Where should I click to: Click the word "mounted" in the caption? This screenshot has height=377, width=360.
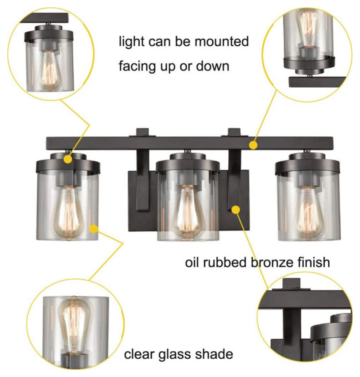[221, 41]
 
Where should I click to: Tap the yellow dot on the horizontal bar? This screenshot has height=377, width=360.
[253, 145]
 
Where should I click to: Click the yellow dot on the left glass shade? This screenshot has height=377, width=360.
[94, 228]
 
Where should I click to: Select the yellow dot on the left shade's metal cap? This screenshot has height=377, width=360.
[68, 159]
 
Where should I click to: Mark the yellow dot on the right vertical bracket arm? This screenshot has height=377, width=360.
[236, 210]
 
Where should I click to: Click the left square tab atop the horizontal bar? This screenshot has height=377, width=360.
[143, 133]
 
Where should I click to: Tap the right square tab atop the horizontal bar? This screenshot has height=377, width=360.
[234, 133]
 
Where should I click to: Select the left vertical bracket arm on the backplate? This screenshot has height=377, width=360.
[143, 181]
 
